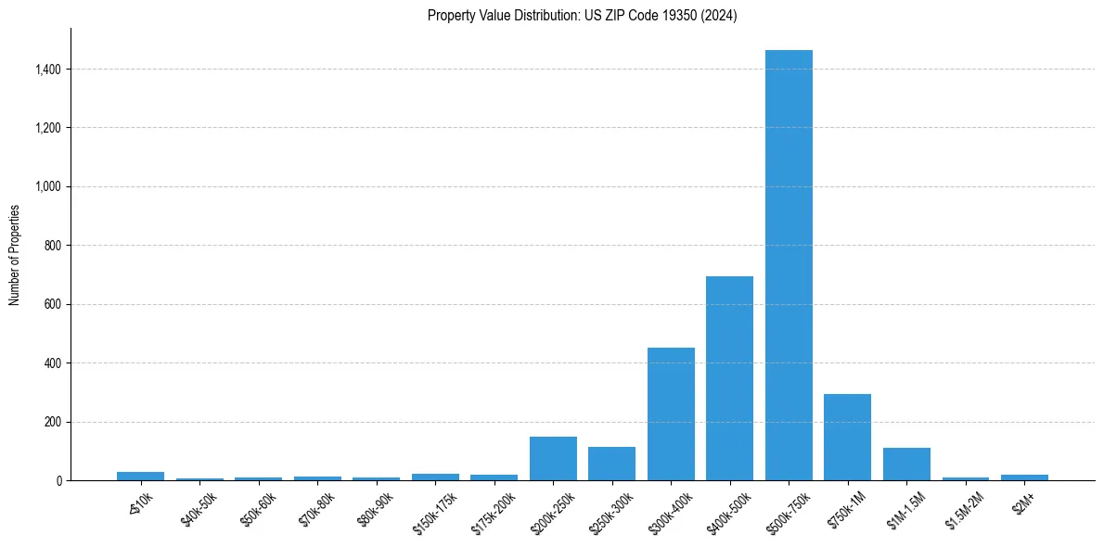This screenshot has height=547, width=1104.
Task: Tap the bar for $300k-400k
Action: click(671, 413)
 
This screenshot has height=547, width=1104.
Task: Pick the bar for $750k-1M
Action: click(847, 437)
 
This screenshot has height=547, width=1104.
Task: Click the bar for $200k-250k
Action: click(553, 458)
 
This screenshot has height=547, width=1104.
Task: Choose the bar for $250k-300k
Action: click(611, 464)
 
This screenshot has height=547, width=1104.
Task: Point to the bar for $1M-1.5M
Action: click(906, 464)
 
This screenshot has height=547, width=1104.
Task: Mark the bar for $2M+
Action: click(1024, 477)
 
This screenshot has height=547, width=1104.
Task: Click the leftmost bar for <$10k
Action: click(141, 476)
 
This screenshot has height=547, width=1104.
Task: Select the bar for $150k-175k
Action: click(435, 477)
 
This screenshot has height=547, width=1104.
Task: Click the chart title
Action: click(582, 15)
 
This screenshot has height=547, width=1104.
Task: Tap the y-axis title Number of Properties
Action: click(15, 254)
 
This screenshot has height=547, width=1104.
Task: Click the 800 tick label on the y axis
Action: click(52, 246)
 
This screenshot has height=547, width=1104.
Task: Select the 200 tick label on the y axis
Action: click(52, 422)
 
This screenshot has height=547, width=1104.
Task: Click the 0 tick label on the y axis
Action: click(58, 480)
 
